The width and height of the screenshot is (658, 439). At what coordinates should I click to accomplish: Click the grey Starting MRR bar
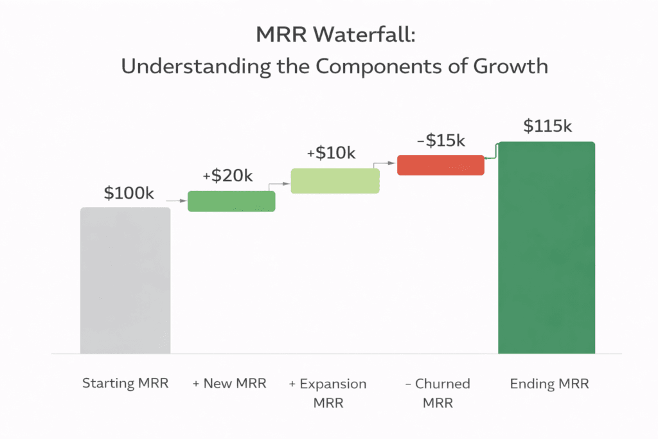coord(125,280)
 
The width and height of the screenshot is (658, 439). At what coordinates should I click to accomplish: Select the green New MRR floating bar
coord(231,201)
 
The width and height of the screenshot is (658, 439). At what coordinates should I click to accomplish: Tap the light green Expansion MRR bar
coord(335,181)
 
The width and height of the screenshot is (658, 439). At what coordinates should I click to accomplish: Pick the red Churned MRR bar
coord(440,165)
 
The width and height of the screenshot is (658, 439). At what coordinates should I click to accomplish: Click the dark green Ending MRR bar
coord(546,247)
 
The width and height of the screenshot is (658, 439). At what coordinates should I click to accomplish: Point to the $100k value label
coord(129,193)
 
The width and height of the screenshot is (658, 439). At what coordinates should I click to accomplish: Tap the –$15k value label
coord(440,140)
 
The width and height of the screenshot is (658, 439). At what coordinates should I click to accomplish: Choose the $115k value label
coord(547,127)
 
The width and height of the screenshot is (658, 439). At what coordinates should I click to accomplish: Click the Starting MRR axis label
coord(125,384)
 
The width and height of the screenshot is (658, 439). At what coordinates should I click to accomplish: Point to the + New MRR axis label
coord(229,384)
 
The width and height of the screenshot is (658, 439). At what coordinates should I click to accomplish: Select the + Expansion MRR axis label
coord(328,393)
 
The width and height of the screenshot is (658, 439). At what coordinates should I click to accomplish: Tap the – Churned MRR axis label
coord(438,393)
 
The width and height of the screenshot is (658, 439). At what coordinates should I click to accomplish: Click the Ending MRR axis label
coord(549,384)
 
